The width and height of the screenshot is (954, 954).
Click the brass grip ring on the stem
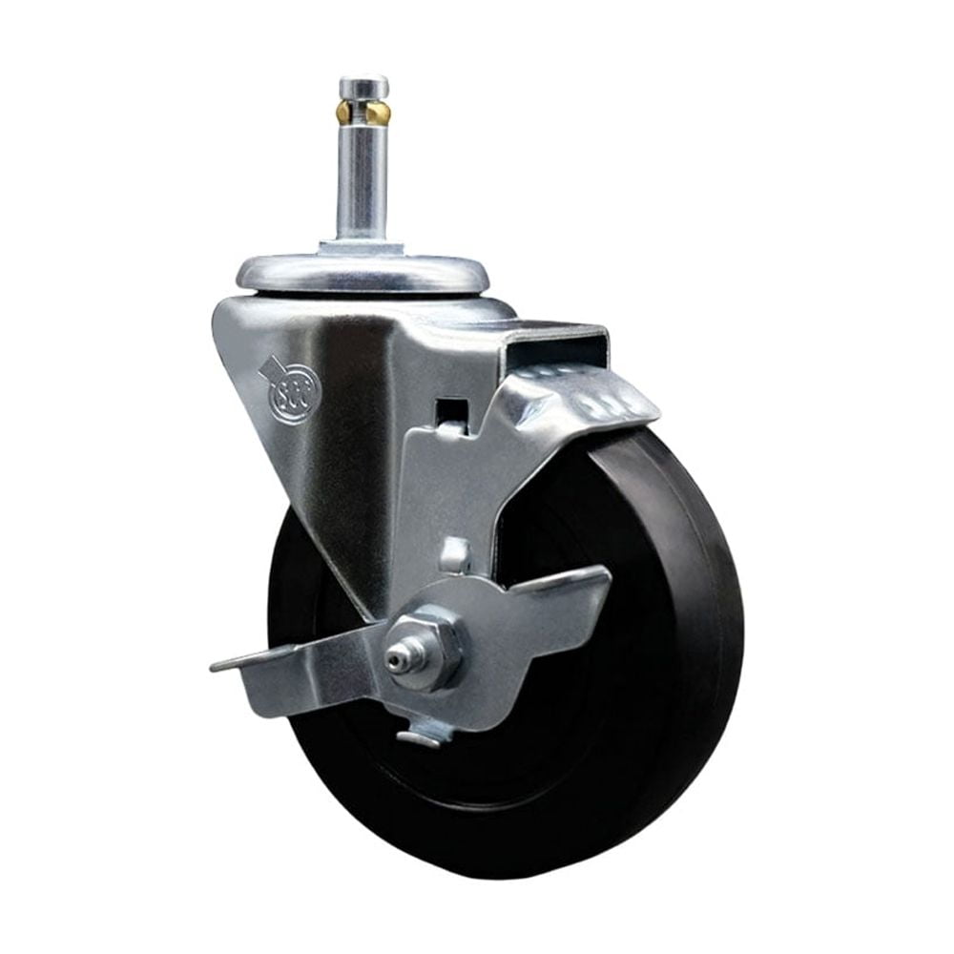[363, 114]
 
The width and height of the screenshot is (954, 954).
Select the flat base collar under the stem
[362, 248]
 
